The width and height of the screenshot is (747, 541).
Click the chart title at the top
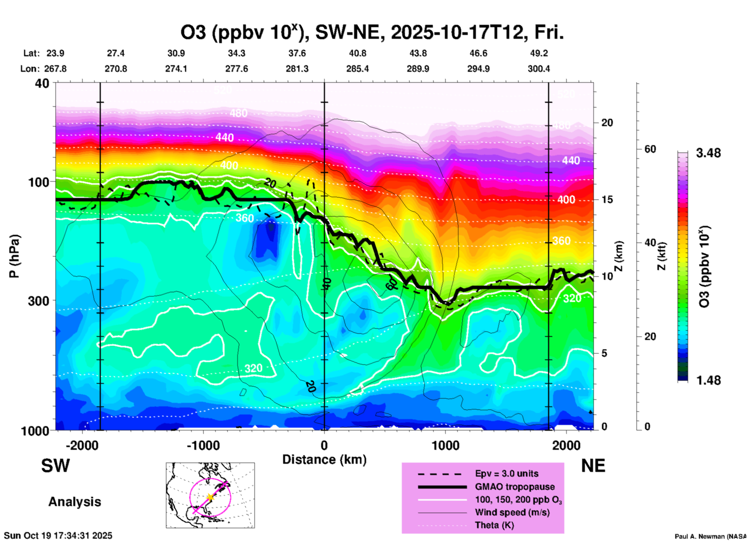[372, 33]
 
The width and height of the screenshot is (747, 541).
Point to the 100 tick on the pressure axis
[39, 182]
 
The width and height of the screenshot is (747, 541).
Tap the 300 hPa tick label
[39, 301]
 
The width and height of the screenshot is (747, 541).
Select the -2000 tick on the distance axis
[82, 445]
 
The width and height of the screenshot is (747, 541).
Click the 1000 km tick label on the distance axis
[445, 445]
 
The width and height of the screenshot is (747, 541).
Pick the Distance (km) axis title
[324, 460]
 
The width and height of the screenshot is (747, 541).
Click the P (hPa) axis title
[14, 256]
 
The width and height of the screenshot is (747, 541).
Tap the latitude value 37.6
[297, 53]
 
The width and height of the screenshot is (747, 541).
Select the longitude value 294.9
[478, 69]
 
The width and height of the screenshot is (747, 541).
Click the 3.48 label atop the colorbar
[708, 153]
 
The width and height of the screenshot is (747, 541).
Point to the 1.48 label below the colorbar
[708, 380]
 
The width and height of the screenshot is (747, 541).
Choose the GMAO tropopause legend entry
[515, 487]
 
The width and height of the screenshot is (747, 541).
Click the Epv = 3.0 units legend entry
[507, 473]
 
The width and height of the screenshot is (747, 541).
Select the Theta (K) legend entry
[494, 525]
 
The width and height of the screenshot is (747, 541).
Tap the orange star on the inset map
[210, 497]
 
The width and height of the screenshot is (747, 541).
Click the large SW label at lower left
[55, 466]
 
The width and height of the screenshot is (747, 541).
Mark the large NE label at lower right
[593, 466]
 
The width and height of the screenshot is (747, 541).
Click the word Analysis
[74, 502]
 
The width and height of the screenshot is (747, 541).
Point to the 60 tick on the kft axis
[650, 149]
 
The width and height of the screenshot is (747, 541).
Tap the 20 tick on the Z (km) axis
[607, 123]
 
